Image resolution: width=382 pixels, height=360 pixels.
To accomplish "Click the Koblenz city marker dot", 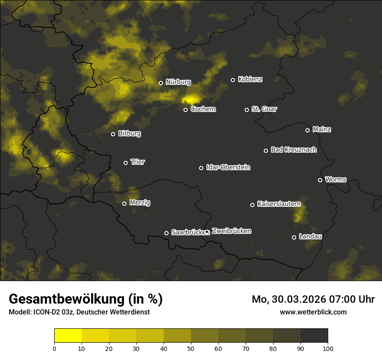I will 233,80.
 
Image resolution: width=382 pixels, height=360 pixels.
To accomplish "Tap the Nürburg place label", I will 178,82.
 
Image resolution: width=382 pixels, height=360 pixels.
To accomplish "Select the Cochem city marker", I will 185,110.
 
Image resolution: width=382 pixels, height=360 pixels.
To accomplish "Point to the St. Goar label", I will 264,109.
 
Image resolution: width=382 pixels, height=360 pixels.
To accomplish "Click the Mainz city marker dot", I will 307,130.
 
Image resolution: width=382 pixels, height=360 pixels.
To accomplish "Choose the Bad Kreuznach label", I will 293,150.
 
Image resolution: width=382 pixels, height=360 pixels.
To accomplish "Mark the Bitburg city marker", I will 113,134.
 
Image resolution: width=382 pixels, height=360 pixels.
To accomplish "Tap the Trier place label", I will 138,162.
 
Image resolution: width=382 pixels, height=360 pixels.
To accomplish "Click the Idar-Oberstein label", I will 228,167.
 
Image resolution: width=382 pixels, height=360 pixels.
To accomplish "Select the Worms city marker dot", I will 320,180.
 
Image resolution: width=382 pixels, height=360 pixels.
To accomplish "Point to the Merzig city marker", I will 124,203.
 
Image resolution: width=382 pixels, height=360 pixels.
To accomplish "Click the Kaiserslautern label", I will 279,203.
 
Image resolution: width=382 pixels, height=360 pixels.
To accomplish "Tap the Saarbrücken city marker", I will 166,233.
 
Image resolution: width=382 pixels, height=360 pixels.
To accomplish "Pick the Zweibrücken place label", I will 231,231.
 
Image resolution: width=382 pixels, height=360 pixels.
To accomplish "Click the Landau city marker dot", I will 294,237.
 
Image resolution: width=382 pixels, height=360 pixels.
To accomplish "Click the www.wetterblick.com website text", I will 313,312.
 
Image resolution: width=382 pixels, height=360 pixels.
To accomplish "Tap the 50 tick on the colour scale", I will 191,348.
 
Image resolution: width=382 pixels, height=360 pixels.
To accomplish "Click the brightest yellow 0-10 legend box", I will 68,336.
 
